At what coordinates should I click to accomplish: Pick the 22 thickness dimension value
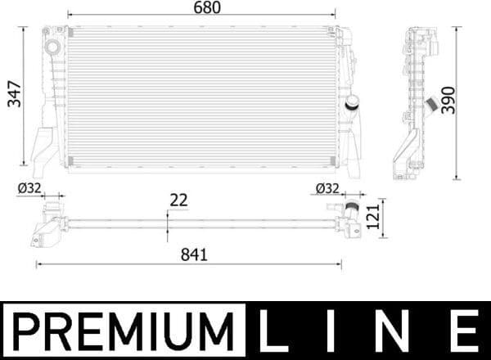point(179,199)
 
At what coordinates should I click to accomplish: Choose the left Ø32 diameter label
point(29,187)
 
